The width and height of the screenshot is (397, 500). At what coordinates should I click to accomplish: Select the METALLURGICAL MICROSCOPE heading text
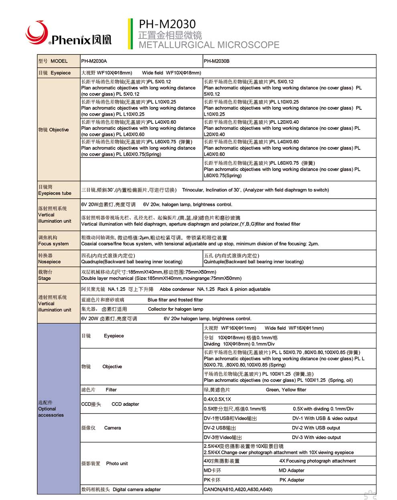209,45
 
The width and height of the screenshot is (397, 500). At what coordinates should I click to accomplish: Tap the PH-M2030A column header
94,61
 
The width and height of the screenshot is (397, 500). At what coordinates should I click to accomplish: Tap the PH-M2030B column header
217,61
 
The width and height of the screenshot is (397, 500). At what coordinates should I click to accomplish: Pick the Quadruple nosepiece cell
132,259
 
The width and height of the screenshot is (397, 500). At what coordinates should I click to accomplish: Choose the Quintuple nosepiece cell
253,259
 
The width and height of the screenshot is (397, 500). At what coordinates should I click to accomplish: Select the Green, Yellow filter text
286,390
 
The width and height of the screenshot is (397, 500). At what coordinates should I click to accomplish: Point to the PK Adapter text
292,480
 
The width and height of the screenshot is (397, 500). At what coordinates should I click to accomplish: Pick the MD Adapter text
291,470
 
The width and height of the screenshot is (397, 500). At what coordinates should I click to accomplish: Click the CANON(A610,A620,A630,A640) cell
238,490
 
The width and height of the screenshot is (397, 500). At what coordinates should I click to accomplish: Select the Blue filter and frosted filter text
175,300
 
